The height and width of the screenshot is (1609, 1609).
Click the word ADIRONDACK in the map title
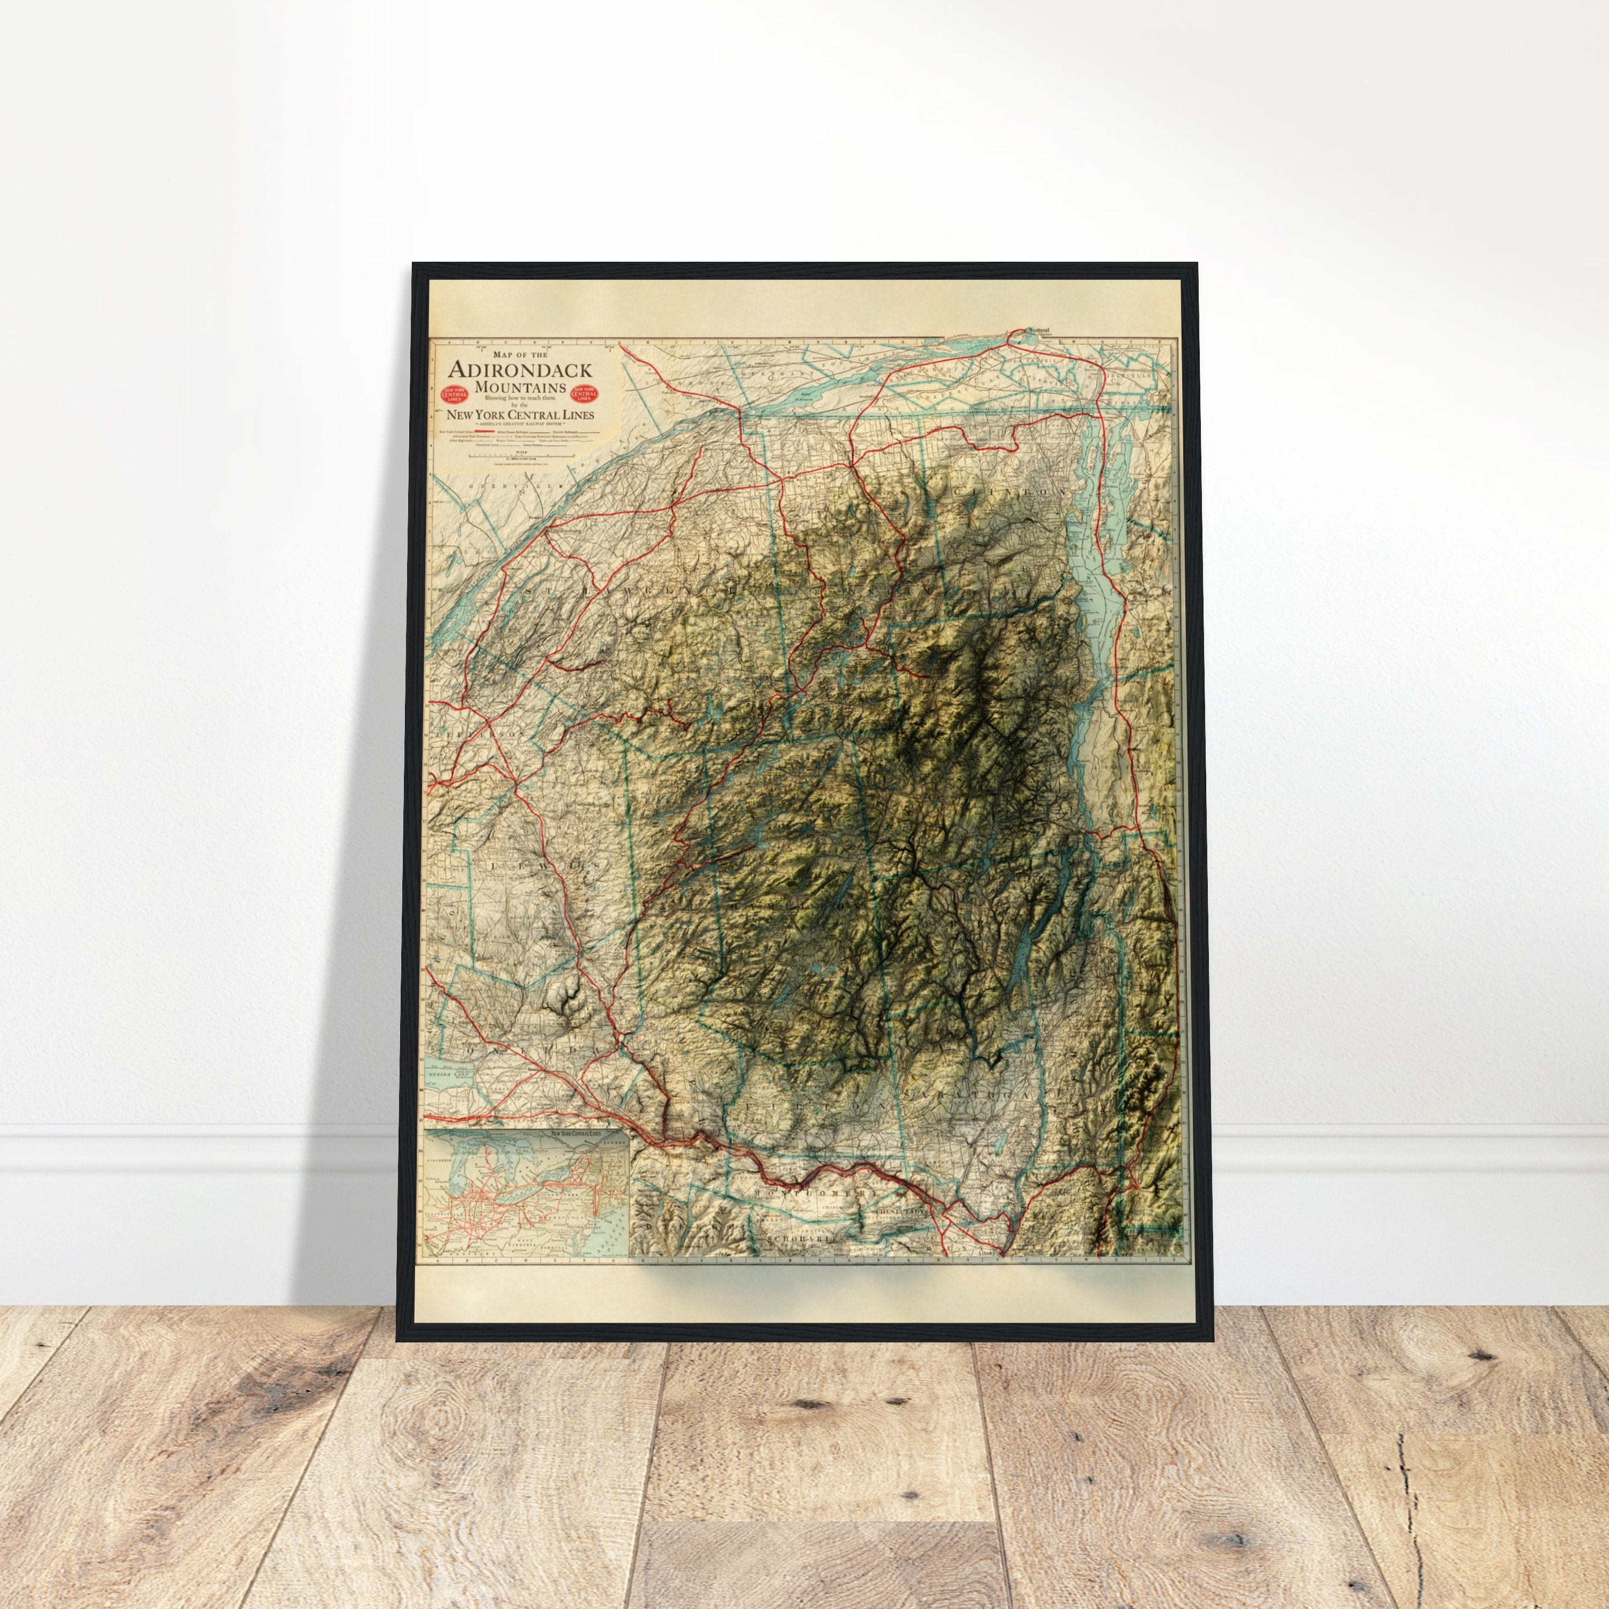tap(520, 370)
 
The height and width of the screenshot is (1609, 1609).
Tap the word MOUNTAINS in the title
tap(520, 388)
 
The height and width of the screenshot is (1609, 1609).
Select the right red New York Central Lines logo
tap(585, 394)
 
